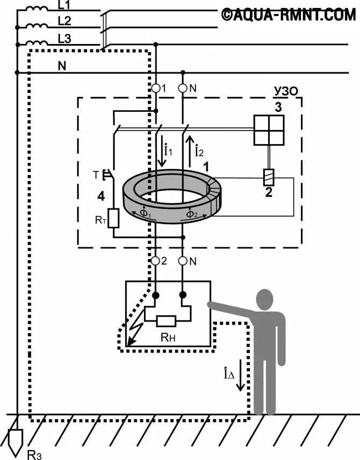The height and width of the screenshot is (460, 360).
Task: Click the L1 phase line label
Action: click(x=63, y=5)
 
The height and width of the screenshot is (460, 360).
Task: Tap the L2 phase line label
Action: click(x=63, y=21)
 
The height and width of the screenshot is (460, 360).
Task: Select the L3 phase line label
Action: click(x=63, y=38)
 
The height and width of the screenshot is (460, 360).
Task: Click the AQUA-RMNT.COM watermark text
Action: click(x=288, y=15)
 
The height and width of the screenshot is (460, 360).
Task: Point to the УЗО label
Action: click(x=285, y=91)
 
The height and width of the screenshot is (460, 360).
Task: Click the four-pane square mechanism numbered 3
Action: click(x=269, y=130)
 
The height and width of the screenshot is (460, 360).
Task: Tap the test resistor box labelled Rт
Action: click(x=113, y=218)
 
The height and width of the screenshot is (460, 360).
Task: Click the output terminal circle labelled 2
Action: click(x=156, y=261)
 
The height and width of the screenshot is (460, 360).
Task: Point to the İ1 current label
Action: click(x=168, y=151)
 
